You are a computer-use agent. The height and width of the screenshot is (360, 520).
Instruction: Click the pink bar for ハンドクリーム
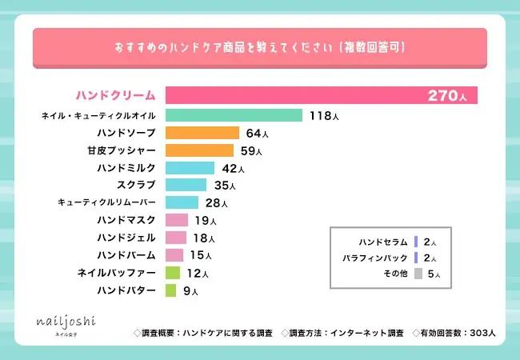click(320, 95)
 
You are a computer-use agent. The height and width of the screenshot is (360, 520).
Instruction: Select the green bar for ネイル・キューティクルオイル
click(234, 116)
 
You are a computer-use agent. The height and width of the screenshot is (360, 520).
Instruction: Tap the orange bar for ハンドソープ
click(202, 133)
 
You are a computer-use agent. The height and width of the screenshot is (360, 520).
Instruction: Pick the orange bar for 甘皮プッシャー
click(200, 150)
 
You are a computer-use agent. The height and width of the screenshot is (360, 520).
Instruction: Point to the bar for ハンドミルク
click(190, 168)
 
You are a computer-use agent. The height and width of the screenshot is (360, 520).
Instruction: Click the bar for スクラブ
click(186, 185)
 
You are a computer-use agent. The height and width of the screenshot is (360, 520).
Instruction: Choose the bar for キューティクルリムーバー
click(182, 202)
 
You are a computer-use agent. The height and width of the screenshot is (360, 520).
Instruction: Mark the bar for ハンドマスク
click(176, 220)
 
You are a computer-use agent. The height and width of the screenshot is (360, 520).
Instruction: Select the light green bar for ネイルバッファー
click(172, 273)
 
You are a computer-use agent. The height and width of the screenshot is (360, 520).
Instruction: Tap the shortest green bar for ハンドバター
click(170, 290)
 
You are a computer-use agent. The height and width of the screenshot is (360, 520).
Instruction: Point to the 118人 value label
click(324, 117)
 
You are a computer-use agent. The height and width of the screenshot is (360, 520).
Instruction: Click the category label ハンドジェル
click(126, 238)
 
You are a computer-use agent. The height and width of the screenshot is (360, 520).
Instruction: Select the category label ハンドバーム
click(126, 255)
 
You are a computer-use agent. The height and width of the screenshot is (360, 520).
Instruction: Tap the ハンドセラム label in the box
click(383, 242)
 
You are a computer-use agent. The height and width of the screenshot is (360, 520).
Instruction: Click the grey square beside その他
click(418, 274)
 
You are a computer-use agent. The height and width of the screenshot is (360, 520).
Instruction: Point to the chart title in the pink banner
click(259, 47)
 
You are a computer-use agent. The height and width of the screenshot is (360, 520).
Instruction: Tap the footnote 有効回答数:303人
click(454, 332)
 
